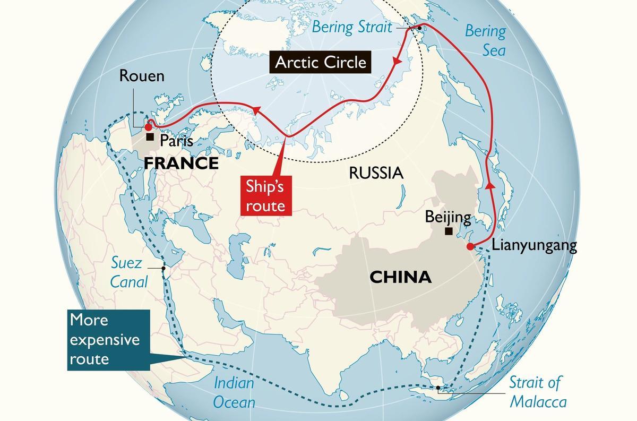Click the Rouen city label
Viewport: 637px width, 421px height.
(142, 76)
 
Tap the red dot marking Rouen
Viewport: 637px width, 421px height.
(148, 127)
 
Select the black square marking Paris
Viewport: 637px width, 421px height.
(150, 137)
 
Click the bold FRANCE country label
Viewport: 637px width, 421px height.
(181, 163)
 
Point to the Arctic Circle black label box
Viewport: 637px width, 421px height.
(321, 62)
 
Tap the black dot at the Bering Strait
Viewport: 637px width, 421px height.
(419, 28)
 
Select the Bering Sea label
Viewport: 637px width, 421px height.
(486, 40)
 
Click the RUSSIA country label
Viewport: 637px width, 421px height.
(376, 173)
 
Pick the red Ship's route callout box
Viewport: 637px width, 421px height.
(266, 196)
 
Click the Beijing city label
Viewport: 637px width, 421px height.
(448, 217)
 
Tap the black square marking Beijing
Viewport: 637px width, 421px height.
(449, 231)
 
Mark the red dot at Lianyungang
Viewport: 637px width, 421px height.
(470, 246)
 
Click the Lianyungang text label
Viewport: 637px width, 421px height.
(534, 246)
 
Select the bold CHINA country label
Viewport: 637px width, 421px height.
(400, 277)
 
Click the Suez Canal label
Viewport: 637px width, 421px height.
(129, 271)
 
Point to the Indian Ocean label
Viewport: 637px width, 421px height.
(234, 392)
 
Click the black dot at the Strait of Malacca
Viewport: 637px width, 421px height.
(438, 388)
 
